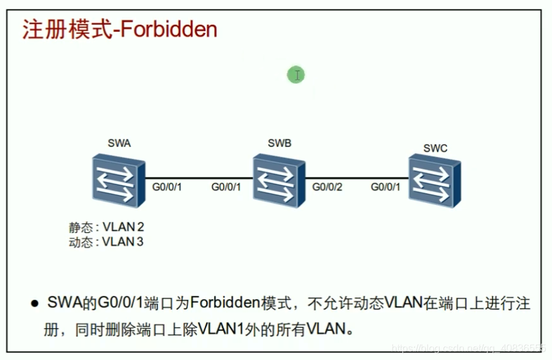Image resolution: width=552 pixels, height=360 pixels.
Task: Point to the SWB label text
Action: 279,143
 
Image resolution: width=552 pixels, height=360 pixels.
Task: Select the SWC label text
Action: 435,149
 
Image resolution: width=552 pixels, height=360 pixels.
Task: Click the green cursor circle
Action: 296,75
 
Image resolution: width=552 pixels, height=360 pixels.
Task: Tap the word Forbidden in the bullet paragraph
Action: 218,303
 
